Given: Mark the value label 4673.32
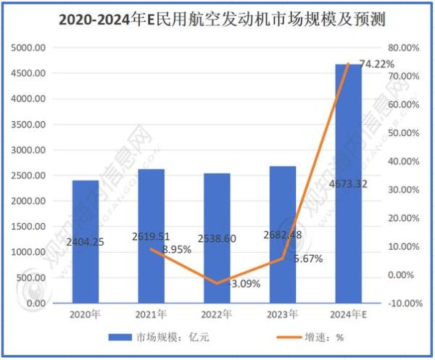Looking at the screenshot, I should (x=347, y=184).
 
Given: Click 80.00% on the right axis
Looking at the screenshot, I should (x=403, y=48).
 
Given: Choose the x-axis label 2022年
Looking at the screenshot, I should (x=216, y=315).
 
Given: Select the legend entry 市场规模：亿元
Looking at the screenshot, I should (x=164, y=337).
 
